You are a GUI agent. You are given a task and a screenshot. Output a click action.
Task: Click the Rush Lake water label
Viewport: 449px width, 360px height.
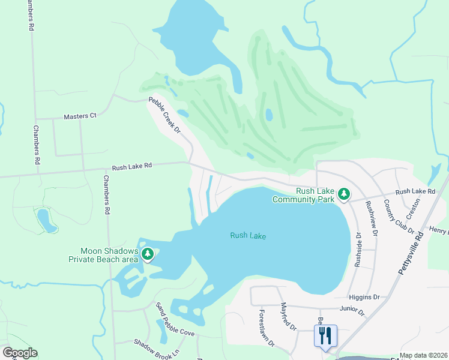coord(248,236)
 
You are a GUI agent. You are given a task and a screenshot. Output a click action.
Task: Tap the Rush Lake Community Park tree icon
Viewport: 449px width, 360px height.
coord(344,194)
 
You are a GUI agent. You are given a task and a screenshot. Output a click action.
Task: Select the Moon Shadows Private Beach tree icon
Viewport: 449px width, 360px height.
coord(148,255)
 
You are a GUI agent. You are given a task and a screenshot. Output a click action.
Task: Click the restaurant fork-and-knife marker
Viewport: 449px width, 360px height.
coord(325,336)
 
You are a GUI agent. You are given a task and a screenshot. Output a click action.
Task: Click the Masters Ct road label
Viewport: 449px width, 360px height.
coord(80,115)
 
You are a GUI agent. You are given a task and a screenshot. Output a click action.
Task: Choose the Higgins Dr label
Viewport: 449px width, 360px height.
coord(364,297)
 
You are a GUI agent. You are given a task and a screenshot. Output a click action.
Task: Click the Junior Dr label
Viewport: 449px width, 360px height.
coord(352,310)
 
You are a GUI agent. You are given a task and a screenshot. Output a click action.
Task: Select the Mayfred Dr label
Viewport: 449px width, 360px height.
coord(289,317)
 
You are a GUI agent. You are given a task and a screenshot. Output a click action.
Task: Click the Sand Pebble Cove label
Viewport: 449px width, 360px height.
coord(175,320)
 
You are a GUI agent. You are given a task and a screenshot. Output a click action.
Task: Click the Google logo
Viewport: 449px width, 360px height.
coord(20,353)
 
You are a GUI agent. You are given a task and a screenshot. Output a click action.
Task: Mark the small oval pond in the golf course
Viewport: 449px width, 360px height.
coord(269,115)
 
